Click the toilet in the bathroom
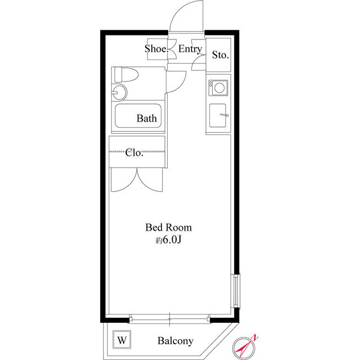(126, 74)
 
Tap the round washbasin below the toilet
(119, 92)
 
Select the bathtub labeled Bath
(138, 116)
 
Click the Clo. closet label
(134, 152)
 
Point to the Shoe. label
(156, 49)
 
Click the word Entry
(190, 49)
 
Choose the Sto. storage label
(220, 55)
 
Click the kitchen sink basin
(218, 115)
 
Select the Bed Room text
(169, 227)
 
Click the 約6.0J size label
(169, 240)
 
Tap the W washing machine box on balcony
(121, 340)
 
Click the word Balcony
(175, 341)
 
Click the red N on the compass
(255, 338)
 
